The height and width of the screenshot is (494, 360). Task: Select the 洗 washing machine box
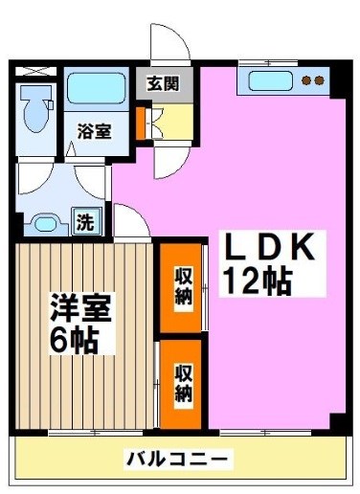tap(86, 223)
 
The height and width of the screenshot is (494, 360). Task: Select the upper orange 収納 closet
tap(181, 285)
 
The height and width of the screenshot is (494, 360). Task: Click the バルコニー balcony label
tap(178, 460)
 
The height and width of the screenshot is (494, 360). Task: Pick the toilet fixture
tap(36, 108)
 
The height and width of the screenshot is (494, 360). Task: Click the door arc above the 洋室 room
tap(131, 223)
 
